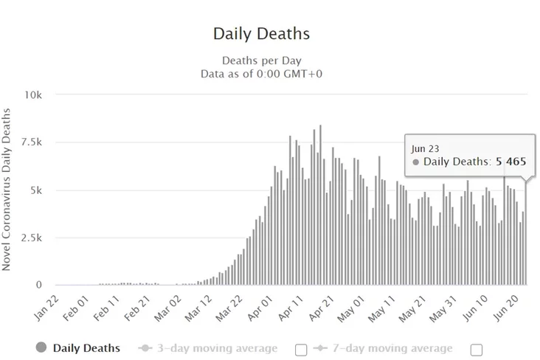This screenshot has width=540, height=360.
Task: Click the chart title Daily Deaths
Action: [x=261, y=34]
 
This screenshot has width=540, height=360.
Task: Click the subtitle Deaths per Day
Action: [x=261, y=60]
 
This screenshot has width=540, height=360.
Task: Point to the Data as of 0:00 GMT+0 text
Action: [x=261, y=74]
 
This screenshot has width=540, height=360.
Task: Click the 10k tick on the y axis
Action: [x=34, y=95]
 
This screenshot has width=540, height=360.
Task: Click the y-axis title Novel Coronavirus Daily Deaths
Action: [x=7, y=190]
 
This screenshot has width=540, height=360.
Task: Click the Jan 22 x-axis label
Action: [x=46, y=305]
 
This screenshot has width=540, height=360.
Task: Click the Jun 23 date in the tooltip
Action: [x=425, y=148]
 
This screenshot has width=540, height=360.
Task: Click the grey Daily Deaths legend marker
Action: [x=41, y=347]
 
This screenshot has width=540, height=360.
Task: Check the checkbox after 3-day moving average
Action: [x=301, y=349]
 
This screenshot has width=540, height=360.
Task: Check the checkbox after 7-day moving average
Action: [x=477, y=349]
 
